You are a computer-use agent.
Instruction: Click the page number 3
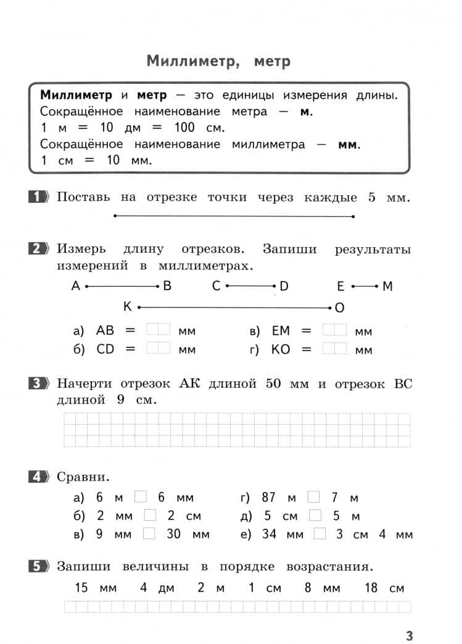pyautogui.click(x=409, y=635)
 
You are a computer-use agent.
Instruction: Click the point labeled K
pyautogui.click(x=139, y=306)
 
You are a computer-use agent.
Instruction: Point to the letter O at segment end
pyautogui.click(x=339, y=307)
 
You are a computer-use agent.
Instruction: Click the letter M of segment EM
pyautogui.click(x=387, y=286)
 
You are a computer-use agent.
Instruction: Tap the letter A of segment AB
pyautogui.click(x=76, y=286)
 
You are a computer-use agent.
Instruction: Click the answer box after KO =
pyautogui.click(x=334, y=349)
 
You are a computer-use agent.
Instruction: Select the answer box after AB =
pyautogui.click(x=158, y=330)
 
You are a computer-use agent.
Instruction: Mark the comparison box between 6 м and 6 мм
pyautogui.click(x=141, y=497)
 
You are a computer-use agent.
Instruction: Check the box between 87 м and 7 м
pyautogui.click(x=314, y=497)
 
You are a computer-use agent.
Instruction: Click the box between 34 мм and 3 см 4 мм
pyautogui.click(x=320, y=534)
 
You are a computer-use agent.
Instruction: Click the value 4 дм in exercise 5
pyautogui.click(x=157, y=587)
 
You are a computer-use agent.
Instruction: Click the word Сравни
pyautogui.click(x=83, y=477)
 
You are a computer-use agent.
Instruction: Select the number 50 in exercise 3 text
pyautogui.click(x=273, y=383)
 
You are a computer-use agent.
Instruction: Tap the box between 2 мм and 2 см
pyautogui.click(x=150, y=515)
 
